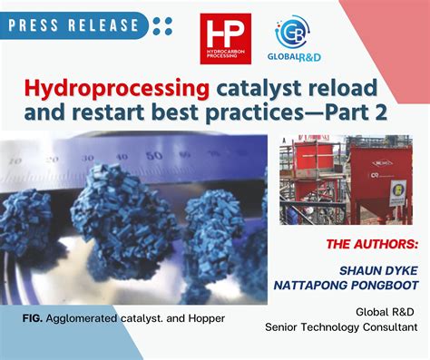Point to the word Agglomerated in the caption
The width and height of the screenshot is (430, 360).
(x=82, y=319)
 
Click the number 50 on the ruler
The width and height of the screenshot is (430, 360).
(x=156, y=155)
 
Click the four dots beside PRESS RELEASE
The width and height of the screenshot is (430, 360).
(x=162, y=25)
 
